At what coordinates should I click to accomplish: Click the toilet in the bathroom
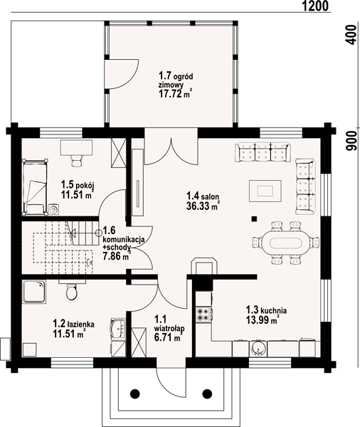pyautogui.click(x=72, y=291)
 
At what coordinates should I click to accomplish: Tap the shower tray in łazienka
pyautogui.click(x=34, y=292)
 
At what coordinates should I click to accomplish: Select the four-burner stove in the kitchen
pyautogui.click(x=203, y=314)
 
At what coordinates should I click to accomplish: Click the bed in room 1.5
pyautogui.click(x=35, y=187)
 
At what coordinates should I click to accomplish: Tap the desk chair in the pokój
pyautogui.click(x=77, y=160)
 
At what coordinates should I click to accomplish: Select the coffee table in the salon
pyautogui.click(x=265, y=191)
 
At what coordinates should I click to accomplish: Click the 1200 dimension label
pyautogui.click(x=316, y=6)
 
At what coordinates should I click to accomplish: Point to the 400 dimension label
pyautogui.click(x=351, y=35)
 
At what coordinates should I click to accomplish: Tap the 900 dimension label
pyautogui.click(x=351, y=141)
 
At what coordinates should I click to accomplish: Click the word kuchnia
pyautogui.click(x=274, y=310)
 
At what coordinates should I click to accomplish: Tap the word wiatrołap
pyautogui.click(x=169, y=328)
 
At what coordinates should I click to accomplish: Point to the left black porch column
pyautogui.click(x=134, y=394)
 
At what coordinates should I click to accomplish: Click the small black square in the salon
pyautogui.click(x=255, y=218)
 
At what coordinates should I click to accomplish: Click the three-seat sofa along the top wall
pyautogui.click(x=263, y=152)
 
